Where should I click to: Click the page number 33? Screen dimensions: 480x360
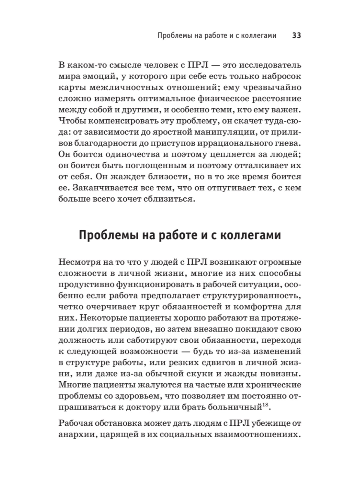coord(296,36)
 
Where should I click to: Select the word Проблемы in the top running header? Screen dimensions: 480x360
coord(171,36)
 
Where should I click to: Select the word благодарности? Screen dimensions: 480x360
coord(105,143)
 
